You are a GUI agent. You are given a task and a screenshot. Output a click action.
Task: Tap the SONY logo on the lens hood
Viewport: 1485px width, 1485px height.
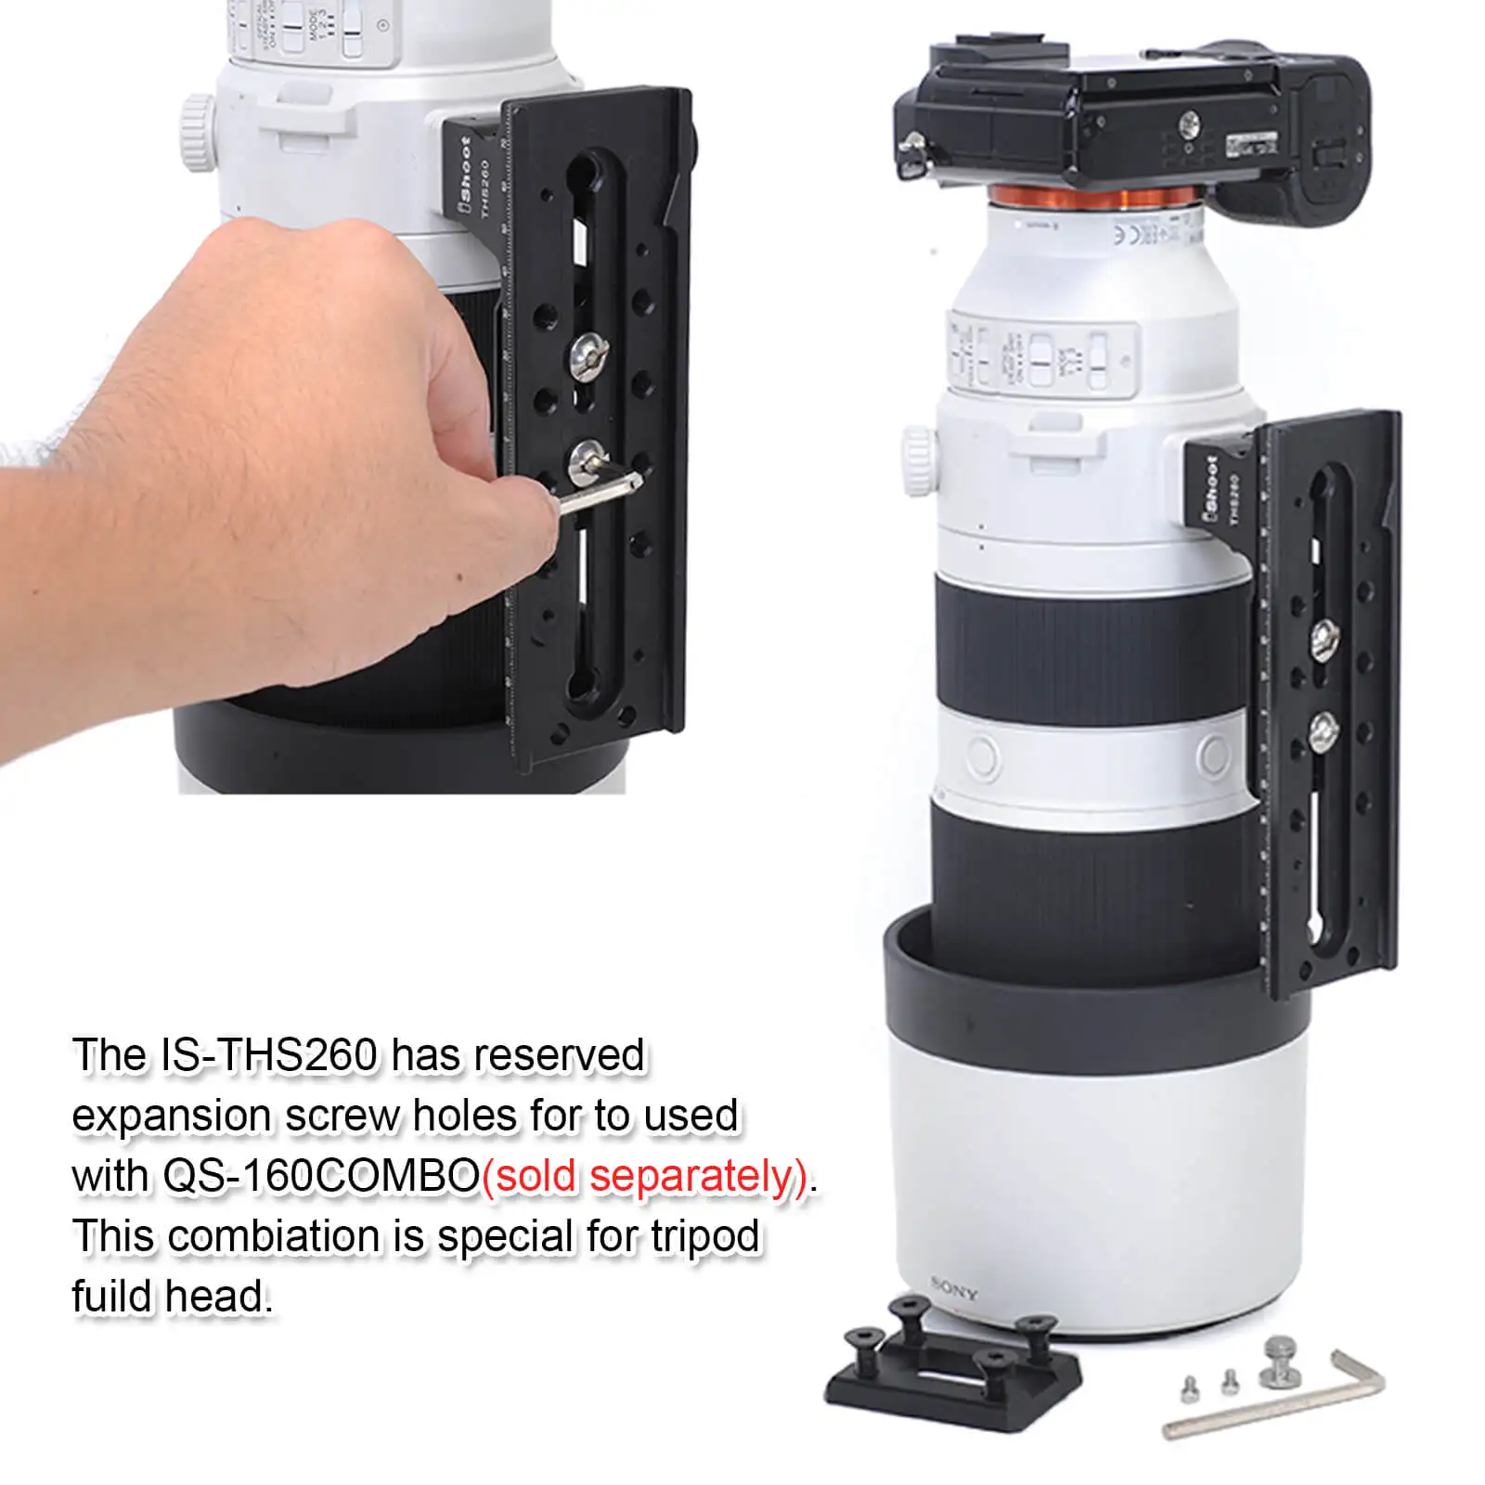(953, 1289)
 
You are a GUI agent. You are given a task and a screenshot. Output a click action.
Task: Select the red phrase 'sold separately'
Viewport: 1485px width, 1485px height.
(647, 1177)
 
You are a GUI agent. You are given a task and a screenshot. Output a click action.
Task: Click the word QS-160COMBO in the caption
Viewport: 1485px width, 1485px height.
(321, 1177)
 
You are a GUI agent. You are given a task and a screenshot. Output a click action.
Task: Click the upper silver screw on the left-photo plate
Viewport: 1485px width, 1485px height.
(587, 355)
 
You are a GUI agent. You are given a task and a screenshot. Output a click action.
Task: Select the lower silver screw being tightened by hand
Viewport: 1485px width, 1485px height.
(587, 458)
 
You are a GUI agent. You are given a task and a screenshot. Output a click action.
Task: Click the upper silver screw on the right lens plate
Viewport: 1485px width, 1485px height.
(1323, 636)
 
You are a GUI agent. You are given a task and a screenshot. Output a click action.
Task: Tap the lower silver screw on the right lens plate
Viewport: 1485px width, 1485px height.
(1323, 731)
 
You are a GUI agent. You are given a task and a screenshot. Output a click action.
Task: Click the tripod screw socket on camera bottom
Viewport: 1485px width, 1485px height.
(1192, 121)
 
